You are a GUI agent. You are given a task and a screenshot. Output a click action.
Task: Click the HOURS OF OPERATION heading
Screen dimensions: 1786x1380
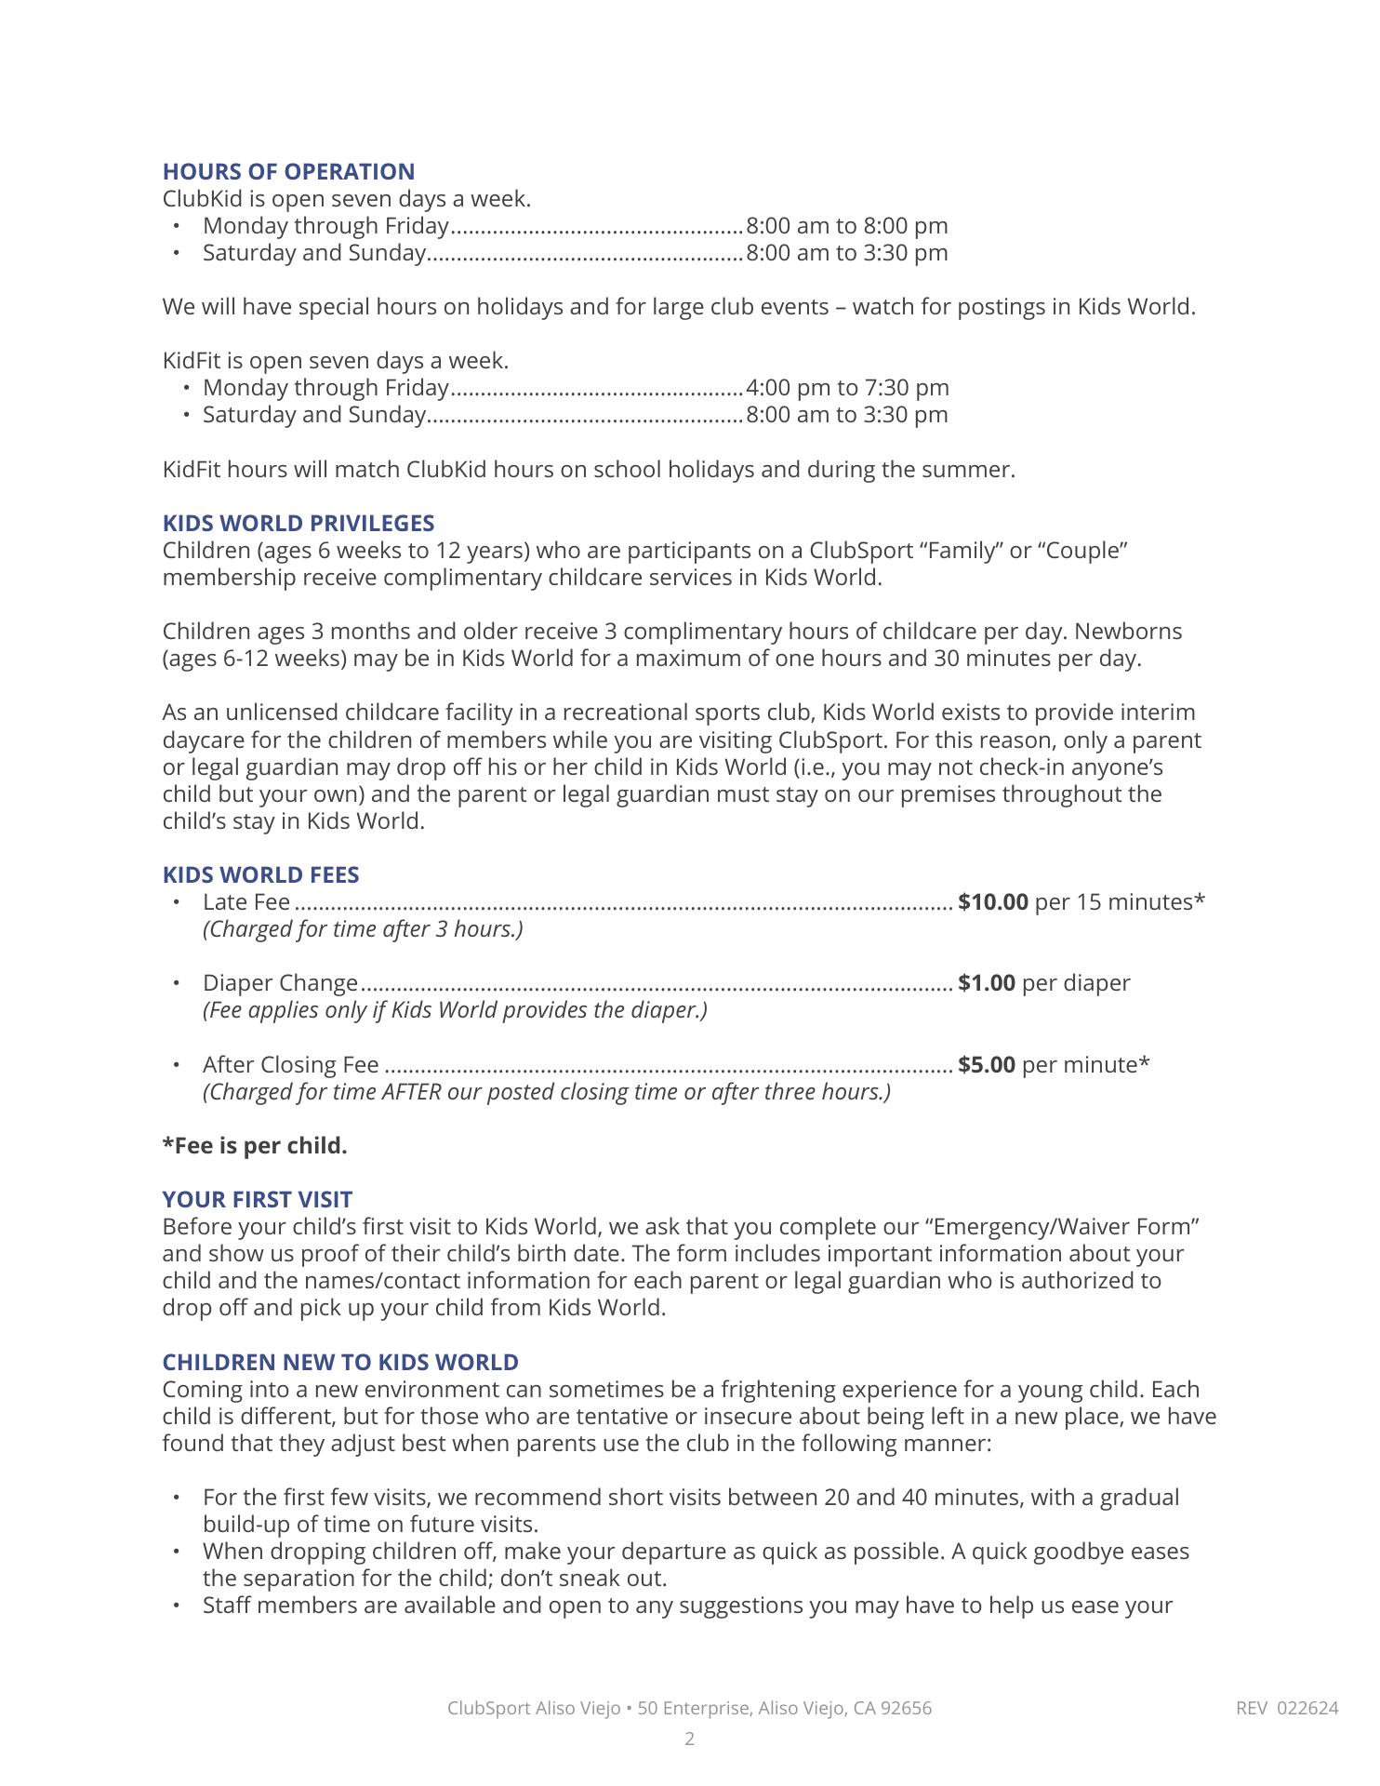click(x=288, y=172)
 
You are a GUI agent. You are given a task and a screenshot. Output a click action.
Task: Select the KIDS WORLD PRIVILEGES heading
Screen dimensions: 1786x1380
click(x=299, y=524)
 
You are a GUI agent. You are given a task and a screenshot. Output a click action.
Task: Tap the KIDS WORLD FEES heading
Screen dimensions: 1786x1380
click(x=260, y=875)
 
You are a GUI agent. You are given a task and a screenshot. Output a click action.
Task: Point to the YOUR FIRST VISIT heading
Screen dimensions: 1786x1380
click(x=258, y=1200)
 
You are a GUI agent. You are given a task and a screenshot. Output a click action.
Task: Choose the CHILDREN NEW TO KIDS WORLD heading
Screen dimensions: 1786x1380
click(x=340, y=1363)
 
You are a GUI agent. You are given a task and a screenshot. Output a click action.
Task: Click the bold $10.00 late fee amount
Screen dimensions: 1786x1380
click(x=993, y=902)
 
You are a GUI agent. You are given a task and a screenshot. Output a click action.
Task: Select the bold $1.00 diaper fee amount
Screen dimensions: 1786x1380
click(x=987, y=983)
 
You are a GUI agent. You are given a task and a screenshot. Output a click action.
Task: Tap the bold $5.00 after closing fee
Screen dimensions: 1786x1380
click(x=987, y=1065)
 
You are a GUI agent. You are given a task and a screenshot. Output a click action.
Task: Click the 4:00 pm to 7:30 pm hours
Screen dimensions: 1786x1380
click(x=847, y=388)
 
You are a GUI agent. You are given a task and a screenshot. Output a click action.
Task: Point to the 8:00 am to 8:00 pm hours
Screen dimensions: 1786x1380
click(x=847, y=226)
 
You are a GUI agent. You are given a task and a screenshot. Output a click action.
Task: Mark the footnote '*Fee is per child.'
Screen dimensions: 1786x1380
click(x=255, y=1146)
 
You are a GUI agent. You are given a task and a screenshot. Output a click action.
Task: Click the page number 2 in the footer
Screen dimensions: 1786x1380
click(x=690, y=1739)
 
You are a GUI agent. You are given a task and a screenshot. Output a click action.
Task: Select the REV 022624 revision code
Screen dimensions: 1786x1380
click(x=1287, y=1708)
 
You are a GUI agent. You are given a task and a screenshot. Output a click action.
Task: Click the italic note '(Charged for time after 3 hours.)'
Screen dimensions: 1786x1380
click(x=363, y=929)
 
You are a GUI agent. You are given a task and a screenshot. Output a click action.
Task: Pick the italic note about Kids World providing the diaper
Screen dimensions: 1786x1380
click(x=455, y=1010)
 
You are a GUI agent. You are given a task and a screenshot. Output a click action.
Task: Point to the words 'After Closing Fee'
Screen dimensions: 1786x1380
click(x=290, y=1065)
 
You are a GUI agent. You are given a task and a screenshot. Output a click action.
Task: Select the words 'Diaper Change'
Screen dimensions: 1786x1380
click(x=280, y=983)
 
